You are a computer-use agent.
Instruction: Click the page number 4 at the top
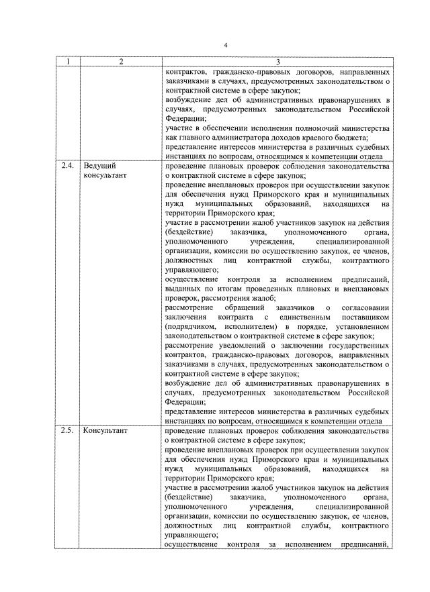coord(226,44)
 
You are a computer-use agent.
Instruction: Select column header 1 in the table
coord(67,62)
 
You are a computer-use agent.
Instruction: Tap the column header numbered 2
coord(120,62)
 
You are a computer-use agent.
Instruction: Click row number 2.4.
coord(67,165)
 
